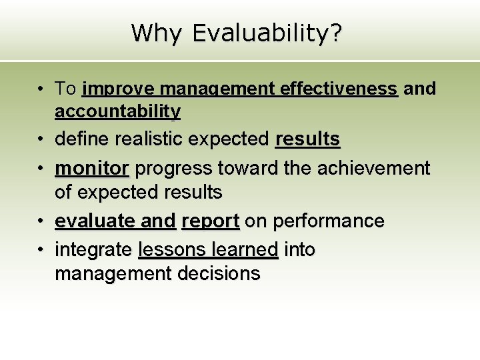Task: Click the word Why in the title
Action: (x=153, y=32)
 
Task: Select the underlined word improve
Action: (x=119, y=89)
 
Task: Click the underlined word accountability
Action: (x=117, y=111)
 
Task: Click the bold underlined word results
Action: (x=307, y=139)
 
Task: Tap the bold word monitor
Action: (x=91, y=169)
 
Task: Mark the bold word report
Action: (x=210, y=221)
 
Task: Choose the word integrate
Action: (x=93, y=250)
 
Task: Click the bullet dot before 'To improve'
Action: (x=41, y=89)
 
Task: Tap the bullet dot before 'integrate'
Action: (x=41, y=250)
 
